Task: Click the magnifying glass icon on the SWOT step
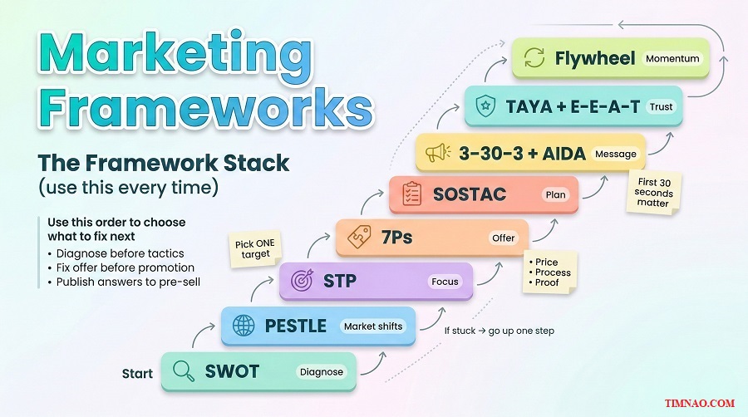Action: pos(184,370)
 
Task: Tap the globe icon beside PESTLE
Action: pos(244,326)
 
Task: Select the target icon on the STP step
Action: pos(301,282)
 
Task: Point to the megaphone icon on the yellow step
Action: pos(438,154)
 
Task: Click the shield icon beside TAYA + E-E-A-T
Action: pos(485,106)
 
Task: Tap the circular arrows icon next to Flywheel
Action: pos(535,58)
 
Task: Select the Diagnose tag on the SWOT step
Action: pos(322,371)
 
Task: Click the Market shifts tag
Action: pos(372,326)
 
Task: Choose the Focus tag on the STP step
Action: pos(445,282)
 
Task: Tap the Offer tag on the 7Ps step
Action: pos(503,238)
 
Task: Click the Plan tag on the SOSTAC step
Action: pos(554,194)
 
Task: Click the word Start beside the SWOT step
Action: pos(137,373)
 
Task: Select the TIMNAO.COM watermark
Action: pos(700,403)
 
